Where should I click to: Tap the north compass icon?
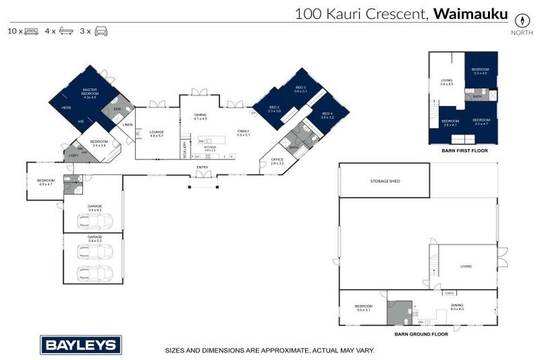(521, 20)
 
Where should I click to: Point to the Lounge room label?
(156, 131)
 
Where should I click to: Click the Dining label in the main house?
(200, 115)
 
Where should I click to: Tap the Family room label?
(243, 131)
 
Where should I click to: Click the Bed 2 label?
(274, 108)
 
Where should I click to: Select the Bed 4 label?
(327, 115)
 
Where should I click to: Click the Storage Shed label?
(385, 181)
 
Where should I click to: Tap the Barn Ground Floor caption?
(421, 334)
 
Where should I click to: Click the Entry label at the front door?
(202, 167)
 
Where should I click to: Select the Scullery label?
(185, 148)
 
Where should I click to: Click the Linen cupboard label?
(127, 125)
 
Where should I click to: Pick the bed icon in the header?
(31, 31)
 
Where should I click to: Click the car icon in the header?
(101, 31)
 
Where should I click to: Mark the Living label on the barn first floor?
(446, 82)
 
